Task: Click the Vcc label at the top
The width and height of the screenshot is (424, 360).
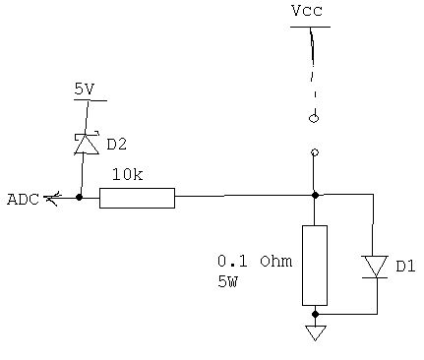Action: click(x=306, y=11)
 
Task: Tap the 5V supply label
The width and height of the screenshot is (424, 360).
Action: click(x=85, y=89)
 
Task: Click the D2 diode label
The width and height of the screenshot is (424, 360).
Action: click(x=116, y=145)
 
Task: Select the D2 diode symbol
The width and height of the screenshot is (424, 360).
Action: click(x=87, y=144)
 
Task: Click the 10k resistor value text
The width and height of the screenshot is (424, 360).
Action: click(x=127, y=175)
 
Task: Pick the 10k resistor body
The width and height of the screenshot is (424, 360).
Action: click(x=137, y=198)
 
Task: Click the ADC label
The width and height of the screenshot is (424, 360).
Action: click(x=22, y=200)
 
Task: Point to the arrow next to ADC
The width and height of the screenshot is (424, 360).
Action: click(x=53, y=199)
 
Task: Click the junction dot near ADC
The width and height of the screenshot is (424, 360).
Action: click(x=79, y=198)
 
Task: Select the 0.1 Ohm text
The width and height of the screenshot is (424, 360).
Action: click(x=254, y=262)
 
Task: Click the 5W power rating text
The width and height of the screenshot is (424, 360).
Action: click(x=227, y=281)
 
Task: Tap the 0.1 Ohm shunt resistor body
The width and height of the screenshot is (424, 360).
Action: click(x=314, y=265)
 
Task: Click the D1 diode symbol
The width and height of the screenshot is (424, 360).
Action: click(x=375, y=267)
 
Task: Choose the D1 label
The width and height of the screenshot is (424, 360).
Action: click(x=405, y=266)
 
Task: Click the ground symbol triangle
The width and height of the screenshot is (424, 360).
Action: click(x=315, y=332)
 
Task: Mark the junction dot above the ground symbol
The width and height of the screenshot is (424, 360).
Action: click(x=315, y=315)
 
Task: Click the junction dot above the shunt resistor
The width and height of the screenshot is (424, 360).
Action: click(x=315, y=195)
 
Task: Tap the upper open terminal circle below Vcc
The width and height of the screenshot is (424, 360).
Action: click(x=314, y=119)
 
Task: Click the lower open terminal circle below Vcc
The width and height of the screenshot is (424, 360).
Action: click(x=315, y=152)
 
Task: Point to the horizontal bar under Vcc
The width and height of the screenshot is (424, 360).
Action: click(x=310, y=27)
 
